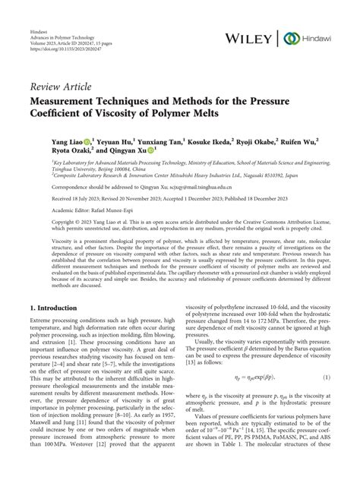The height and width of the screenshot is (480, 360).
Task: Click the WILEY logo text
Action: [251, 38]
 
